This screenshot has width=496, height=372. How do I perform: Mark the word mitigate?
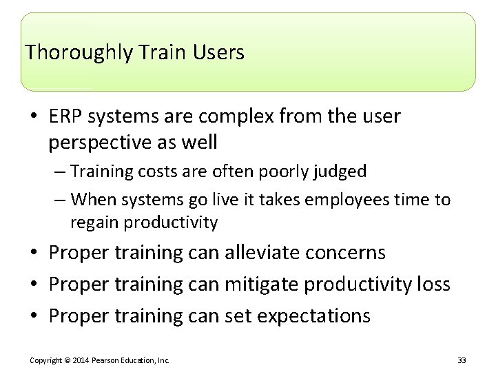[x=265, y=285]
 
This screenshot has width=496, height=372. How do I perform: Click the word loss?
[x=434, y=285]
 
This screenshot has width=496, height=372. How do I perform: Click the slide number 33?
[x=461, y=360]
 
